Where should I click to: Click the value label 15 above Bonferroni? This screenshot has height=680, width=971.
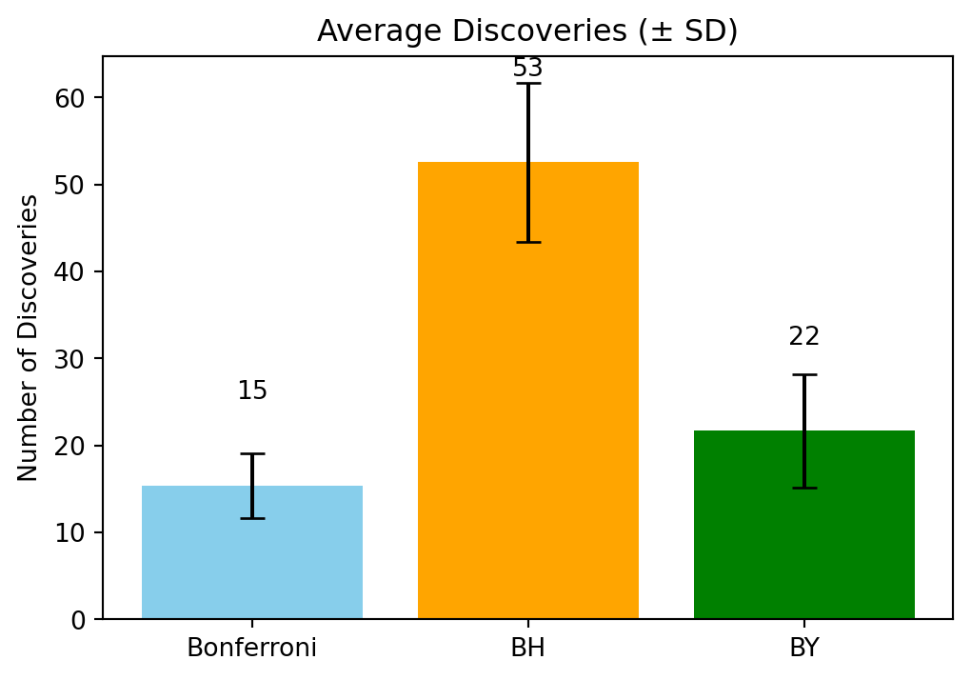(251, 391)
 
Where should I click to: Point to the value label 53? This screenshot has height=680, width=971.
(527, 69)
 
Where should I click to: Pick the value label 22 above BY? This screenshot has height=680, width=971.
(803, 337)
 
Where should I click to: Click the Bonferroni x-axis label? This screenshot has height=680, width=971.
(251, 649)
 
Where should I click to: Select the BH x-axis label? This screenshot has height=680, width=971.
(527, 649)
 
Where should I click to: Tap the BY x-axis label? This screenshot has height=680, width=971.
(803, 649)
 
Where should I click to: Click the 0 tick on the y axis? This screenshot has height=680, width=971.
(78, 620)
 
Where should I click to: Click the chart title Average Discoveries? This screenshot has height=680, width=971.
(527, 31)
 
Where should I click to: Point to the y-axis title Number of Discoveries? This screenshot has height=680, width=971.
(29, 337)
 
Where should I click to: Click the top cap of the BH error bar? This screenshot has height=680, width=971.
(527, 84)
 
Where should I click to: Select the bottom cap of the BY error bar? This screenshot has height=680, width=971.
(803, 488)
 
